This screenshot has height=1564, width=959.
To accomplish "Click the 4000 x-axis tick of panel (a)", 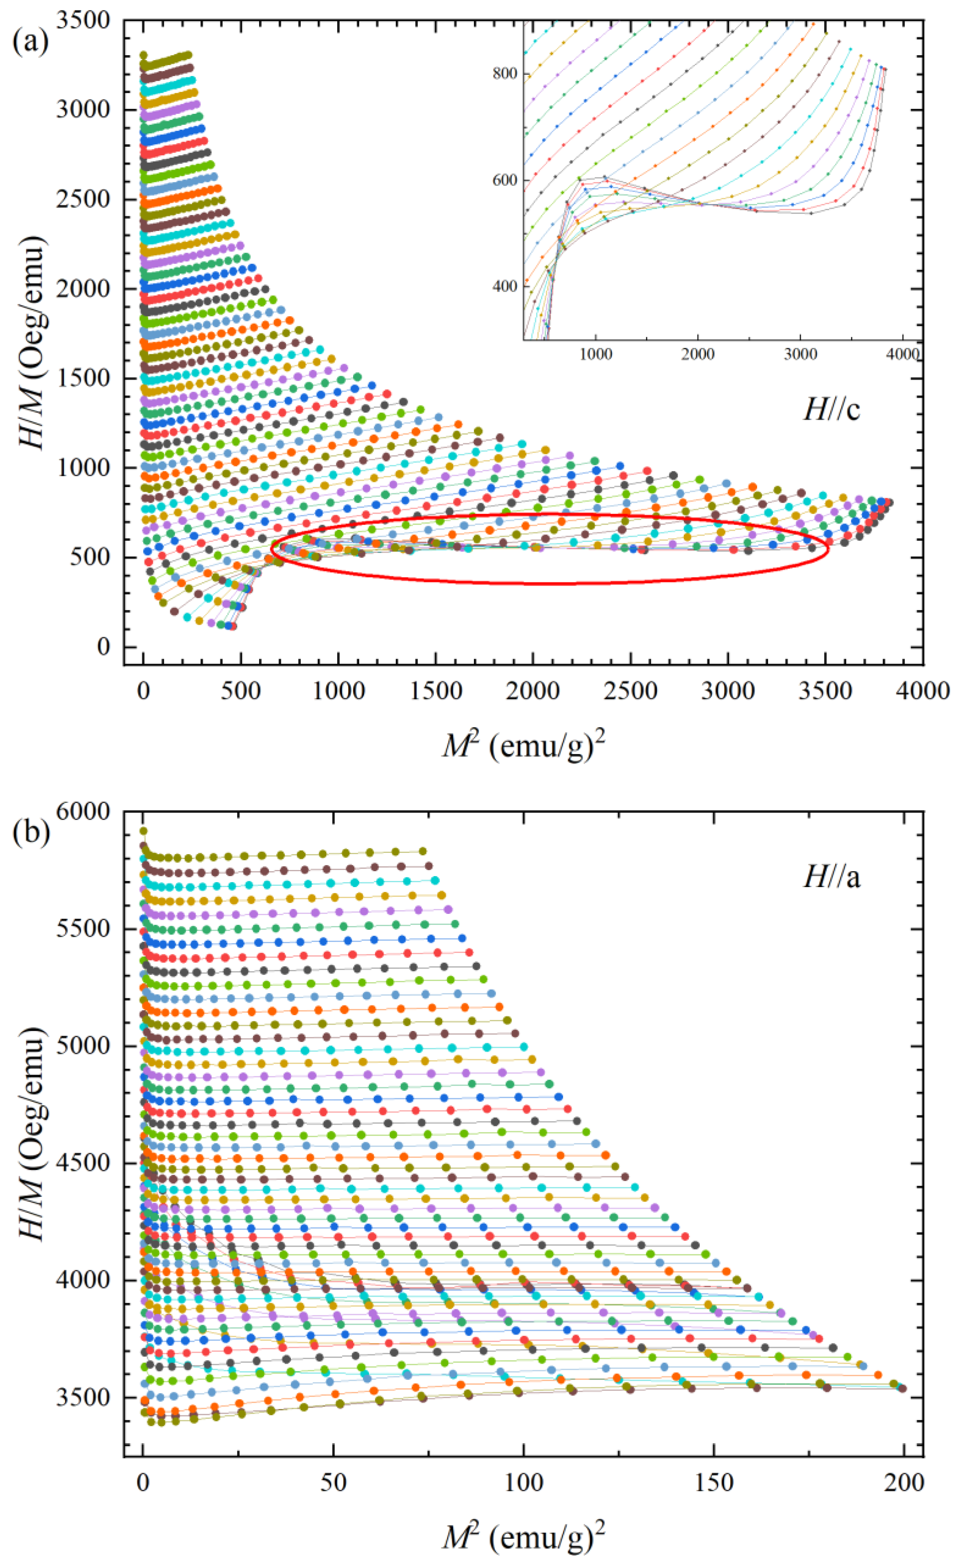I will click(x=922, y=691).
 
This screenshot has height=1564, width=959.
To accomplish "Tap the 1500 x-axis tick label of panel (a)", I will click(x=435, y=691).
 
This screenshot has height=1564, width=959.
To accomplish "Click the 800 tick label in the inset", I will click(x=505, y=74).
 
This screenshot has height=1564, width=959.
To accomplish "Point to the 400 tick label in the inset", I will click(x=505, y=287).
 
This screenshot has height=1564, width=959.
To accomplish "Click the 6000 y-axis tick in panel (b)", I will click(x=82, y=812).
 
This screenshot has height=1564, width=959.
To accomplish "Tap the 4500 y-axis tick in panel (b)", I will click(x=82, y=1163).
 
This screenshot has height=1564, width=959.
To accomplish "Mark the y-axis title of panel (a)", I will click(x=32, y=343).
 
